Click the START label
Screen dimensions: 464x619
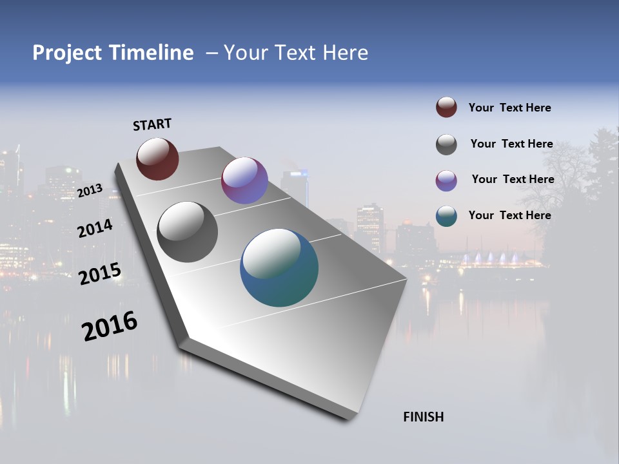152,124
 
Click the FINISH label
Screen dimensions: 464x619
424,417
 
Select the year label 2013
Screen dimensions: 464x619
90,190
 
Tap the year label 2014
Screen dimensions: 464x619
95,228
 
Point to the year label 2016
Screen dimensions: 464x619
110,326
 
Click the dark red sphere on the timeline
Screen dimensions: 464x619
157,159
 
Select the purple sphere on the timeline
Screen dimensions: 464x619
244,180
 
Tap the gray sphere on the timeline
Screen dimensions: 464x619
187,232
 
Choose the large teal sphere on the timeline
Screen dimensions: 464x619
279,267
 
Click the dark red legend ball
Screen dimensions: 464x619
446,107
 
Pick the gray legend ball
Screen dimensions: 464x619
446,144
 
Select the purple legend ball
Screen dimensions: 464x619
446,180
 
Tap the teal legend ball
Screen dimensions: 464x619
446,216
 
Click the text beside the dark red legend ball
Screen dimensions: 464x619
510,108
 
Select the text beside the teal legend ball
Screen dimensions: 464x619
510,215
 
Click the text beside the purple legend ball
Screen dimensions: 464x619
513,179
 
